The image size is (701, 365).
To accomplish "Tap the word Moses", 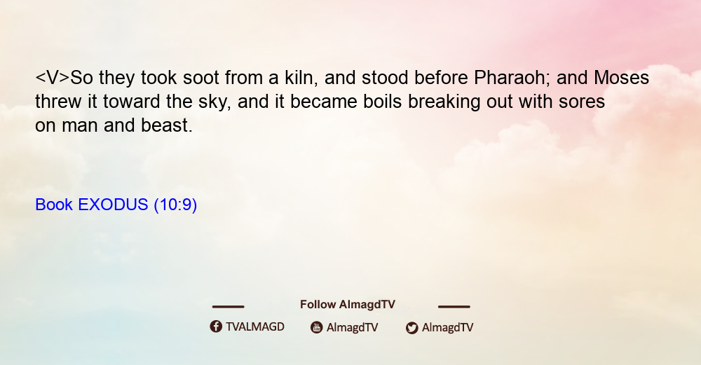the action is pos(621,78).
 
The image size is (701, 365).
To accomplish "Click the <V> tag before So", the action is pos(53,78).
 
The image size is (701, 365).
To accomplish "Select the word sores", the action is pos(582,102).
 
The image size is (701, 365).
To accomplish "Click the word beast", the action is pos(167,125).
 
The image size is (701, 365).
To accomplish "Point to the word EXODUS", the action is pos(113,205).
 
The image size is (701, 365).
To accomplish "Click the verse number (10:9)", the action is pos(175,205).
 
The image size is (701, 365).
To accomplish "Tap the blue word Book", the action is pos(54,205).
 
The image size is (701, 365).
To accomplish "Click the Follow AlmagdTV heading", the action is pos(348,305).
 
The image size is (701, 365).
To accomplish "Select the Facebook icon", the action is pos(216,326).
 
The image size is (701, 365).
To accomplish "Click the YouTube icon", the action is pos(317,327).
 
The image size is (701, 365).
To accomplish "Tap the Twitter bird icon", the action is pos(411,328).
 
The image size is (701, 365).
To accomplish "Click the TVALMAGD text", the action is pos(255,327).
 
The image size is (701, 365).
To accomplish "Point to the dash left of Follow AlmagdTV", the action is pos(228,306).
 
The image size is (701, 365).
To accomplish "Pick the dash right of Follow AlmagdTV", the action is pos(454,306).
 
